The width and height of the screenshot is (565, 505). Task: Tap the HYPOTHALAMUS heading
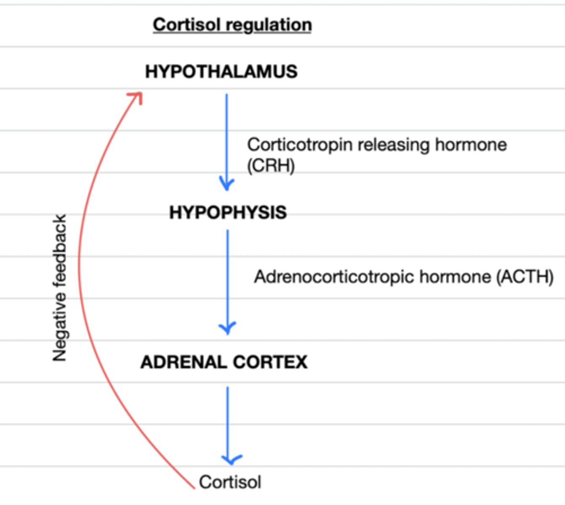pyautogui.click(x=221, y=72)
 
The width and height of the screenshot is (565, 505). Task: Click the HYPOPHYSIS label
pyautogui.click(x=228, y=212)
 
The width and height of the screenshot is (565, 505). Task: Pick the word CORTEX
pyautogui.click(x=270, y=362)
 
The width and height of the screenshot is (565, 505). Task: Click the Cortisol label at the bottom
pyautogui.click(x=230, y=482)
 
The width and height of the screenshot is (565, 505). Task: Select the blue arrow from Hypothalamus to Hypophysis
pyautogui.click(x=227, y=139)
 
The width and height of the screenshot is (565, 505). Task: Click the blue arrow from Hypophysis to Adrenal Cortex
pyautogui.click(x=227, y=278)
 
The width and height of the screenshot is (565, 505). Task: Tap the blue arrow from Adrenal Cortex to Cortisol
pyautogui.click(x=227, y=421)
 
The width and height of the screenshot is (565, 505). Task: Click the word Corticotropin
pyautogui.click(x=299, y=145)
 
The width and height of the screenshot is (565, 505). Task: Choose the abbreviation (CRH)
pyautogui.click(x=271, y=165)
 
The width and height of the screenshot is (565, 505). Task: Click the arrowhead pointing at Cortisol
pyautogui.click(x=231, y=460)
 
